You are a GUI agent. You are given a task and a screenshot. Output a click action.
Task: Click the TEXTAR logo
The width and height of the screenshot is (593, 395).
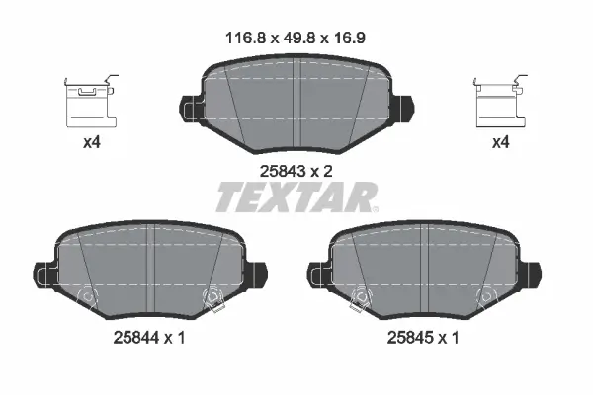pyautogui.click(x=296, y=197)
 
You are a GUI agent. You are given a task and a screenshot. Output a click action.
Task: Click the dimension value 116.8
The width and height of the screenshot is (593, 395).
pyautogui.click(x=246, y=39)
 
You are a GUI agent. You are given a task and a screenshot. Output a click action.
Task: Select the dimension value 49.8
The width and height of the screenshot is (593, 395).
pyautogui.click(x=299, y=39)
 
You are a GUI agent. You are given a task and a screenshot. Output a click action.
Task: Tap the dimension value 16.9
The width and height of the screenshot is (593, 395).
pyautogui.click(x=349, y=39)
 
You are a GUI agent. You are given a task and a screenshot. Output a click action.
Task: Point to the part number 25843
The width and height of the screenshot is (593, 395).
pyautogui.click(x=283, y=172)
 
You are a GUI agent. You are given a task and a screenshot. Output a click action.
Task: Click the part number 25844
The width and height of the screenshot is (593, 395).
pyautogui.click(x=136, y=338)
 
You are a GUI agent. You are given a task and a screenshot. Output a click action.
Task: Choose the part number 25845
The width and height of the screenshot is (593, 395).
pyautogui.click(x=410, y=338)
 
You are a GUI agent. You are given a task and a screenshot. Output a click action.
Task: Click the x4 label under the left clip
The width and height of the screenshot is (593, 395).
pyautogui.click(x=92, y=142)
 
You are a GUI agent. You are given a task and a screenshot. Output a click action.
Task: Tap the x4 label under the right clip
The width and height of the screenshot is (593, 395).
pyautogui.click(x=501, y=142)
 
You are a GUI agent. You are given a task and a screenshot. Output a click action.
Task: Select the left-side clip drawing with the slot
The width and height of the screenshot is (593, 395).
pyautogui.click(x=91, y=102)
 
